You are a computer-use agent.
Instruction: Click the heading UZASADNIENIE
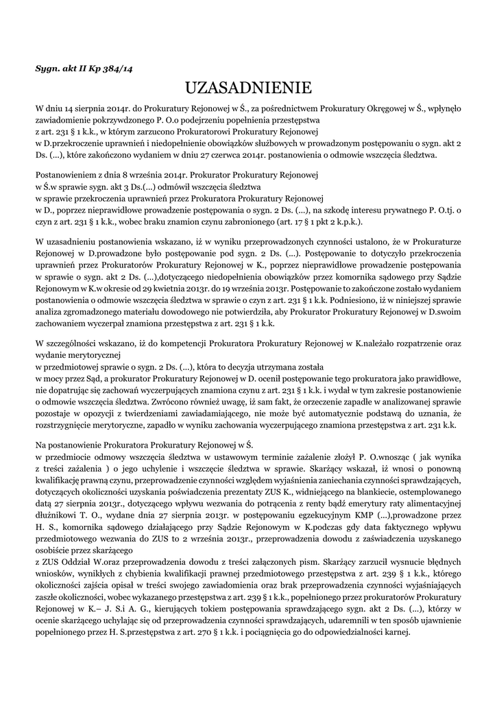(248, 88)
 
